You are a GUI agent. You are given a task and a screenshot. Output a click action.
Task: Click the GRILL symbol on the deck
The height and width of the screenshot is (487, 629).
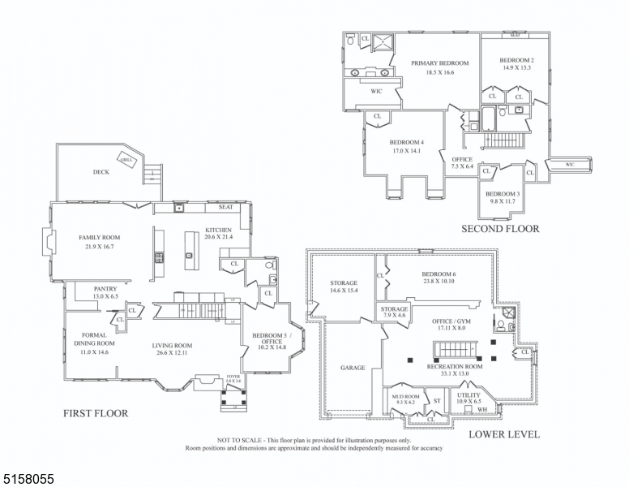126,159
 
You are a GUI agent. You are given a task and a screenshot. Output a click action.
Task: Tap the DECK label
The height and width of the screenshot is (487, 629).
101,172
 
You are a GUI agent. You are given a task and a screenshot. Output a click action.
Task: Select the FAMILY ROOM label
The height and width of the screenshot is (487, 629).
100,237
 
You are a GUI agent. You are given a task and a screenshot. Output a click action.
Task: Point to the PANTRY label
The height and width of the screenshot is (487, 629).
105,289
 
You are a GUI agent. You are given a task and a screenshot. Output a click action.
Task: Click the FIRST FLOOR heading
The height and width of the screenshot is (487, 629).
96,413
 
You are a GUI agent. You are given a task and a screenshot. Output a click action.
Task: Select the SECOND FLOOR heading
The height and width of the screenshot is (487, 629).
500,229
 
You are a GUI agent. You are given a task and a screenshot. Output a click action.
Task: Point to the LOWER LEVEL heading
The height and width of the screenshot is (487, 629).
504,434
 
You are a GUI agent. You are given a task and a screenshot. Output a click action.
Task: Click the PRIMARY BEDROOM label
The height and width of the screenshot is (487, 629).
440,63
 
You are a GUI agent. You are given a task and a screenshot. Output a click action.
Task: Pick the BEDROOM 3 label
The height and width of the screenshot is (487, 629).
502,193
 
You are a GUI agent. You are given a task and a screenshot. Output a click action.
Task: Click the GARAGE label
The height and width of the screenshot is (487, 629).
353,368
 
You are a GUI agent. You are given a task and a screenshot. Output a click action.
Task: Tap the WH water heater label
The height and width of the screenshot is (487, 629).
482,410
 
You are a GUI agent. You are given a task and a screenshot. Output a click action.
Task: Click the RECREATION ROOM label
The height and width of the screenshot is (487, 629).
455,367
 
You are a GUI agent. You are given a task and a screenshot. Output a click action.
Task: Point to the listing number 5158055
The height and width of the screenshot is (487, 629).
28,480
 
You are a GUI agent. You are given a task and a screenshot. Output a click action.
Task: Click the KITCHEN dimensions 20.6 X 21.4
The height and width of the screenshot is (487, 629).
219,236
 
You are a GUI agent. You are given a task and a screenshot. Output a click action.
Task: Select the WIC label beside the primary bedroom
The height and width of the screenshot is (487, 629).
376,91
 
